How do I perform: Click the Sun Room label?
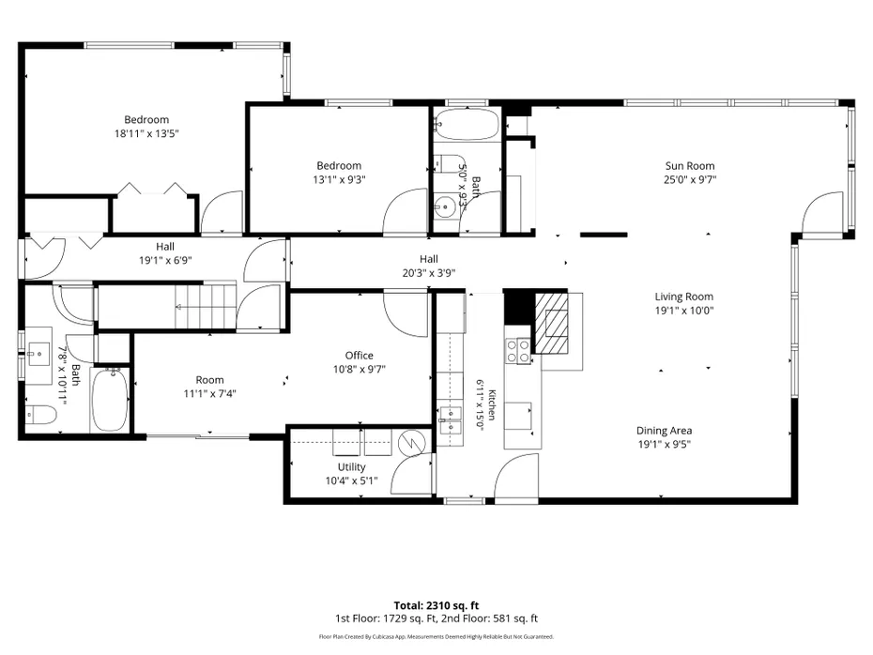click(x=690, y=166)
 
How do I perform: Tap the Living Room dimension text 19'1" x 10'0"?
click(x=683, y=311)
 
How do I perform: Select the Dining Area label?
click(x=665, y=430)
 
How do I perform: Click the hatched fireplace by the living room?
click(x=552, y=323)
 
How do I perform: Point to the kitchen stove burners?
click(x=518, y=351)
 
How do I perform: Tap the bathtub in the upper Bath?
click(x=467, y=124)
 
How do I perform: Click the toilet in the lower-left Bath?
click(x=40, y=415)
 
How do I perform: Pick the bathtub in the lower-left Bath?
click(x=110, y=399)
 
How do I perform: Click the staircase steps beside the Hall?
click(x=206, y=307)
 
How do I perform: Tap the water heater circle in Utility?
click(x=412, y=444)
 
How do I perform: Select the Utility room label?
click(x=351, y=467)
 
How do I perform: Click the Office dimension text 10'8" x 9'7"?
click(x=360, y=369)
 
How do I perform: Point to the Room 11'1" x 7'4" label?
click(x=210, y=387)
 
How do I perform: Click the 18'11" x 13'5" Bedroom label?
click(x=146, y=127)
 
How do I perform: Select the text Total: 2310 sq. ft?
click(x=436, y=605)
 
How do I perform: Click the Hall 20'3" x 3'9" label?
click(x=429, y=266)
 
